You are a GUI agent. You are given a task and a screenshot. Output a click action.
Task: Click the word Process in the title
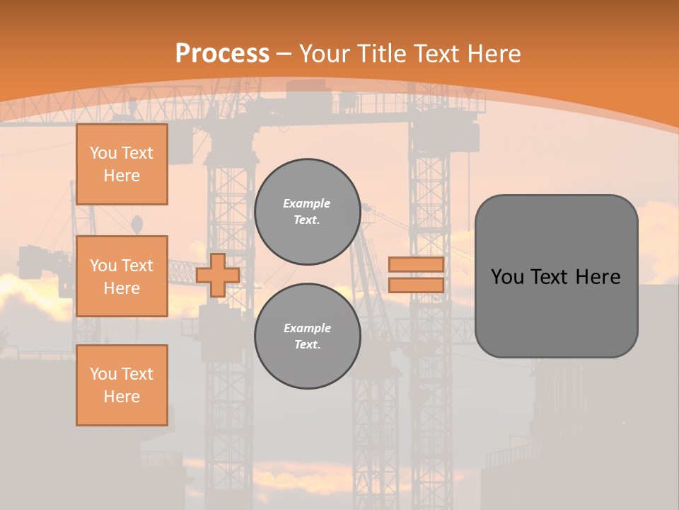click(x=222, y=54)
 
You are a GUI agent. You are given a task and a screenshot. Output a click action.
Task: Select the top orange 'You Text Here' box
click(x=122, y=164)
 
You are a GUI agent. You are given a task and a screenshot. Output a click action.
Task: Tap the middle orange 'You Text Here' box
click(x=122, y=276)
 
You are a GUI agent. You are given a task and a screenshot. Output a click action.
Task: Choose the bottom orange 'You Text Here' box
click(x=122, y=385)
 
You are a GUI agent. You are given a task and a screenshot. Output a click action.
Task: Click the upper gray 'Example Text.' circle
click(x=307, y=212)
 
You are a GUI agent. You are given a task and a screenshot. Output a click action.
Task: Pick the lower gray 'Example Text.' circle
click(x=307, y=336)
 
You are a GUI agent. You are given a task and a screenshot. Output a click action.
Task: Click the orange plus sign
click(x=218, y=275)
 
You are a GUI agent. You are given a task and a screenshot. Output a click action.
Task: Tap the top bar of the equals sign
click(x=417, y=265)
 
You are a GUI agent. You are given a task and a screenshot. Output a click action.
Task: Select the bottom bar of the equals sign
click(x=417, y=285)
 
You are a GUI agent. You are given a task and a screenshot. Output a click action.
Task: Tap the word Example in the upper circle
click(x=307, y=203)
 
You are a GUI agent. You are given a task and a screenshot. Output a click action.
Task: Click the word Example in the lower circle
click(x=307, y=328)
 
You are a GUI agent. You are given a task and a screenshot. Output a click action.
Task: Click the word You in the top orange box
click(x=103, y=153)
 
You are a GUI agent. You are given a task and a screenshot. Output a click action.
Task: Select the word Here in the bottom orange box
click(x=122, y=397)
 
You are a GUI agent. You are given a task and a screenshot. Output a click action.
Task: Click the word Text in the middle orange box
click(x=137, y=266)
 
